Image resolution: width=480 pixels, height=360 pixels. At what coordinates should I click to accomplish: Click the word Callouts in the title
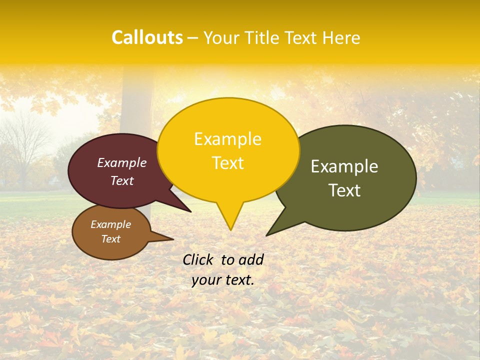point(147,37)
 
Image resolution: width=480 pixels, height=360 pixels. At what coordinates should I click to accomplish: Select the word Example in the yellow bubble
point(227,139)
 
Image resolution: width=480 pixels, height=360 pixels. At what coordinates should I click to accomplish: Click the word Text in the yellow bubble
point(227,163)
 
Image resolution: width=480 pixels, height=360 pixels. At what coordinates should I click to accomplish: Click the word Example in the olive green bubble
point(344,166)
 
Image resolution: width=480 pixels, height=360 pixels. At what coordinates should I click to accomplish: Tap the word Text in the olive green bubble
point(344,190)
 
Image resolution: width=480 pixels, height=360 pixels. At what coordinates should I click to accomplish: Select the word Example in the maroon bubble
point(121,162)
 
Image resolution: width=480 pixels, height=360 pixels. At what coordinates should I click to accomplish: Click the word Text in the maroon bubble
point(121,180)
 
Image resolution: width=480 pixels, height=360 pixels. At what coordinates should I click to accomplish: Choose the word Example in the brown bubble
point(110,224)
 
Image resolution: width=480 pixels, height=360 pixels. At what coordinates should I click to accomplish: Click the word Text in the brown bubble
point(110,239)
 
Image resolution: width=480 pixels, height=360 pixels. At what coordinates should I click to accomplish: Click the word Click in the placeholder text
point(198,259)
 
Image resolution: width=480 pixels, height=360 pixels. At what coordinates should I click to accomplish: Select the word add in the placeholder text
point(251,259)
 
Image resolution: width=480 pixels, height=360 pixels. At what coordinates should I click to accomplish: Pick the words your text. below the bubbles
point(223,280)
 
